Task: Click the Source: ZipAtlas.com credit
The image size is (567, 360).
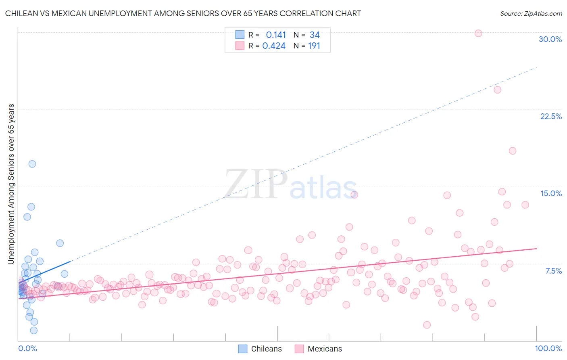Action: pyautogui.click(x=531, y=13)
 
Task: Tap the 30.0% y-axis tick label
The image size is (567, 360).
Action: pyautogui.click(x=550, y=39)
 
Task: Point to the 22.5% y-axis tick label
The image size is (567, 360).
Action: pyautogui.click(x=551, y=116)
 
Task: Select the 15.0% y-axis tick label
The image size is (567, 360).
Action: pyautogui.click(x=551, y=193)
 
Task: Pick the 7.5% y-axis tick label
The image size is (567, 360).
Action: pyautogui.click(x=553, y=271)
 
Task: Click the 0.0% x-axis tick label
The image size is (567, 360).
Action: pyautogui.click(x=27, y=348)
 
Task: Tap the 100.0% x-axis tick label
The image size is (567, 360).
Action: pyautogui.click(x=548, y=348)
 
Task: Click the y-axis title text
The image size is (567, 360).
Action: pyautogui.click(x=11, y=184)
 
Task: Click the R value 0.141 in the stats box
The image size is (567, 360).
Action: pyautogui.click(x=276, y=35)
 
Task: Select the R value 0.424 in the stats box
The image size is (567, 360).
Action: pyautogui.click(x=274, y=46)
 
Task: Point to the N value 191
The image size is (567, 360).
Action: pyautogui.click(x=314, y=46)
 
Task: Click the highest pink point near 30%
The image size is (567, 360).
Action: pyautogui.click(x=478, y=33)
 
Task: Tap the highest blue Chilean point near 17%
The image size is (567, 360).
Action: pyautogui.click(x=32, y=164)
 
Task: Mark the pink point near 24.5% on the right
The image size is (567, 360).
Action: pyautogui.click(x=497, y=90)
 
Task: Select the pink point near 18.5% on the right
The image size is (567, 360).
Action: pyautogui.click(x=513, y=151)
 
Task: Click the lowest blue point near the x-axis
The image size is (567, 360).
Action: pyautogui.click(x=34, y=331)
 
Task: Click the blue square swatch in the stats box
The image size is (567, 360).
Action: pyautogui.click(x=240, y=35)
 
